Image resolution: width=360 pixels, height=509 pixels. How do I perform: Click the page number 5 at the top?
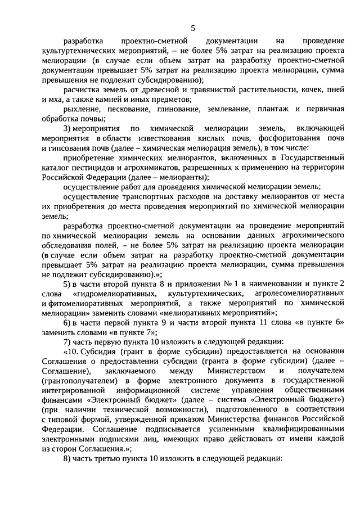pyautogui.click(x=193, y=27)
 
